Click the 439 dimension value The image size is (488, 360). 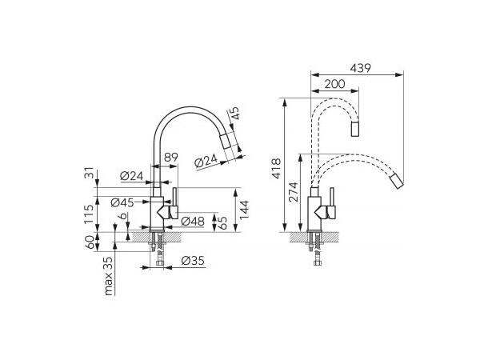360,68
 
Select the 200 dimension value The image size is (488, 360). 335,84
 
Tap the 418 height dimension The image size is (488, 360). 277,169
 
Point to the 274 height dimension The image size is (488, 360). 294,192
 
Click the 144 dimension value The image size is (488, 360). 244,210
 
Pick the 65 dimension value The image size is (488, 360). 223,222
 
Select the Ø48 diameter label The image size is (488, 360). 193,222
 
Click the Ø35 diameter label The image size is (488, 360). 193,261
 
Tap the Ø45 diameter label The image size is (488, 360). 122,203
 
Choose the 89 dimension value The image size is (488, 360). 171,157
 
